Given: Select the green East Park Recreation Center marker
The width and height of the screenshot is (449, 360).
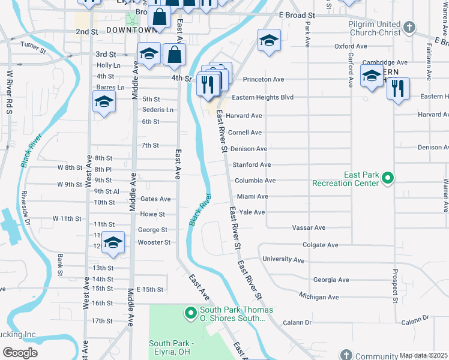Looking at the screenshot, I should (x=388, y=178).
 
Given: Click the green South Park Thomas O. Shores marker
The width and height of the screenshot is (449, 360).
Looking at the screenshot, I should (x=190, y=313).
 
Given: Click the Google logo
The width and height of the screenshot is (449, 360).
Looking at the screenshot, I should (x=20, y=353).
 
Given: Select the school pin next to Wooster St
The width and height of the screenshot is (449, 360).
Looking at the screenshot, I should (x=112, y=242).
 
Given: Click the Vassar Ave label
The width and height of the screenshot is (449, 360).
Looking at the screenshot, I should (x=309, y=228).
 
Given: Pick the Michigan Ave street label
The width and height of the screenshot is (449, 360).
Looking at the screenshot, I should (x=319, y=297).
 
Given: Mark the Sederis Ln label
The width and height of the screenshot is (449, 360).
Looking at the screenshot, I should (x=157, y=110).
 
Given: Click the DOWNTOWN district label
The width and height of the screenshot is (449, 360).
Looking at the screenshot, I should (x=131, y=30).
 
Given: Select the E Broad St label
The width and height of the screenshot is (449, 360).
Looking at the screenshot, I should (x=297, y=14).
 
